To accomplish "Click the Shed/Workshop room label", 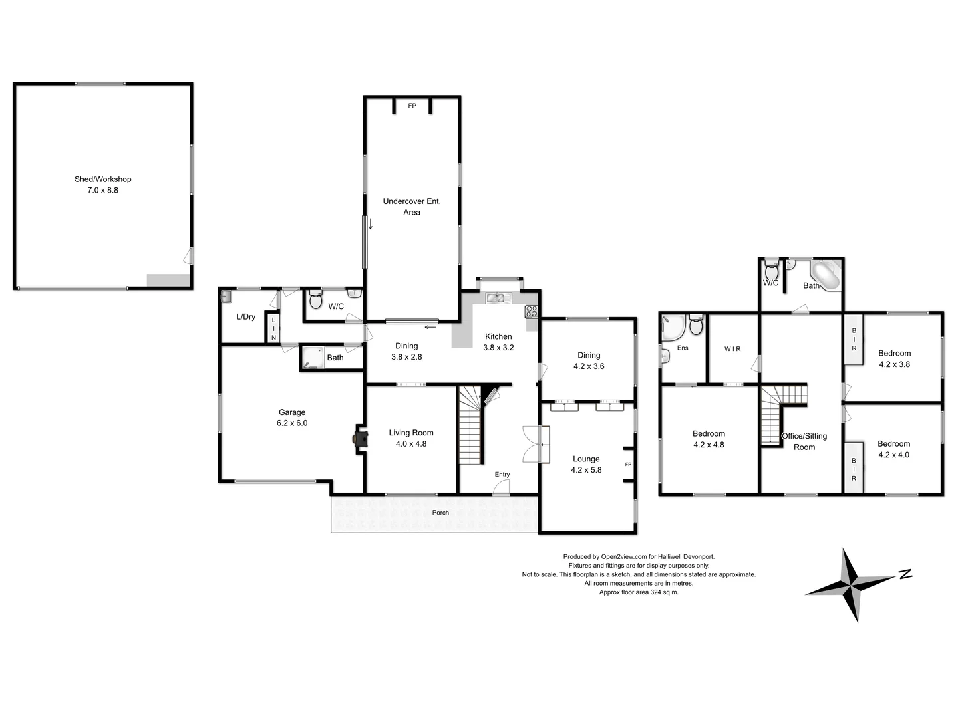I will tap(102, 184).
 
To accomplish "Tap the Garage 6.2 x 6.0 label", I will tap(292, 418).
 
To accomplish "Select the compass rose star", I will tap(852, 585).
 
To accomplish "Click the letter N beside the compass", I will tap(905, 574).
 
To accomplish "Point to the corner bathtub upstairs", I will tap(825, 275).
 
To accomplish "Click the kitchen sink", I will tap(496, 298).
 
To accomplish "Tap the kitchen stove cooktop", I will tap(531, 311).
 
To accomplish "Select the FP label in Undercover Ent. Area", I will tap(412, 106).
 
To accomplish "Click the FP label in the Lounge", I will tap(627, 465).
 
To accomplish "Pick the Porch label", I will tap(440, 513).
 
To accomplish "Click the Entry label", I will tap(502, 475).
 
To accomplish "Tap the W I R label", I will tap(732, 349).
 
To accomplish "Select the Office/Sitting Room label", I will tap(804, 441).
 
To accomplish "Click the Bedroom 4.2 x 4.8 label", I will tap(709, 439).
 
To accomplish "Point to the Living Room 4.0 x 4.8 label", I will tap(410, 438).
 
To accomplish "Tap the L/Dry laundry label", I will tap(245, 317).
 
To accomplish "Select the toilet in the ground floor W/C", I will tap(315, 301).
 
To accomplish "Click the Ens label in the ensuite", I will tap(682, 348).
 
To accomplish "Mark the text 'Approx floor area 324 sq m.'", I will tap(639, 592).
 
